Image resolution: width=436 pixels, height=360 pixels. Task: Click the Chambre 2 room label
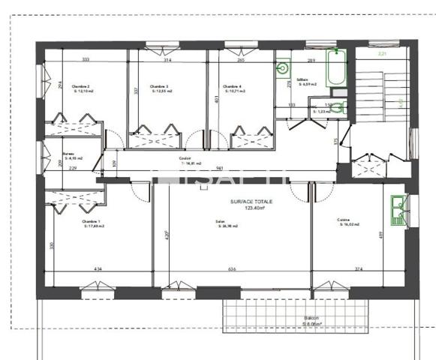(81, 87)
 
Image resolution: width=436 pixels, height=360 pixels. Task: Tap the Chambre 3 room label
(158, 87)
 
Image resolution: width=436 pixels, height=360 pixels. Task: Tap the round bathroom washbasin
(283, 69)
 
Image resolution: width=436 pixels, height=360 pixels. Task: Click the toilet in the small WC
(340, 108)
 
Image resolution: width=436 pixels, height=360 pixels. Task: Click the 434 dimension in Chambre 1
(97, 269)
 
